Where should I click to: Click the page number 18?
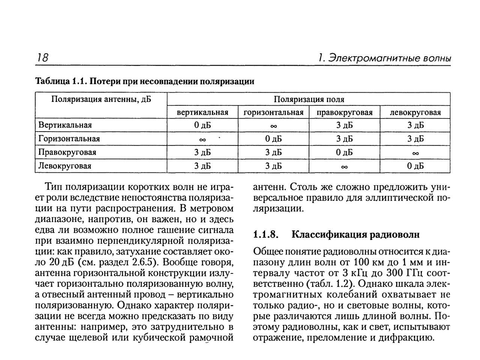[42, 58]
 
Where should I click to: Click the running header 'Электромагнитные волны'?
[388, 58]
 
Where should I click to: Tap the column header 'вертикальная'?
[202, 112]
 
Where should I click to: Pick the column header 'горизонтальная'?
[273, 112]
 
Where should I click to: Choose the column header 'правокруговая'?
[344, 112]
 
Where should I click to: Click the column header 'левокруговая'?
[415, 112]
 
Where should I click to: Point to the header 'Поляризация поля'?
[309, 99]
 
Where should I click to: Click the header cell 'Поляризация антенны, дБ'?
[101, 99]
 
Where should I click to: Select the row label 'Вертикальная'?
[65, 125]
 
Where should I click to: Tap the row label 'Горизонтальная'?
[69, 139]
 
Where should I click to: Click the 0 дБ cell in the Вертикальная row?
[202, 125]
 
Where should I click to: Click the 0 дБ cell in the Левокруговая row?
[415, 166]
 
